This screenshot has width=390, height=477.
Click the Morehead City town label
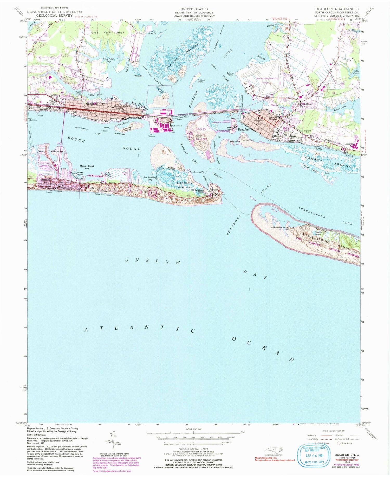tap(95, 104)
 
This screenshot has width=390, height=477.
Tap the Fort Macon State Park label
tap(185, 185)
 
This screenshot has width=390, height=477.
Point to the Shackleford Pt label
tap(278, 228)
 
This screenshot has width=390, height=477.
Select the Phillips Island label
tap(201, 81)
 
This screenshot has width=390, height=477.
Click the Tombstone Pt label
tap(197, 172)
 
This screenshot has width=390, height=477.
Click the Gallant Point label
tap(230, 74)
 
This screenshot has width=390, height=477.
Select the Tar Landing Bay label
tap(150, 179)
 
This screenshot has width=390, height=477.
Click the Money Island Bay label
tap(87, 167)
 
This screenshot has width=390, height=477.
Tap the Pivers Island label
tap(230, 128)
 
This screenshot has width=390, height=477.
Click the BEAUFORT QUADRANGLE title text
tap(336, 9)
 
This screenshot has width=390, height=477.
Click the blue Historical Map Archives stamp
tap(315, 455)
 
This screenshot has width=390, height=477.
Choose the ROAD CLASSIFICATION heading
tap(333, 431)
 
